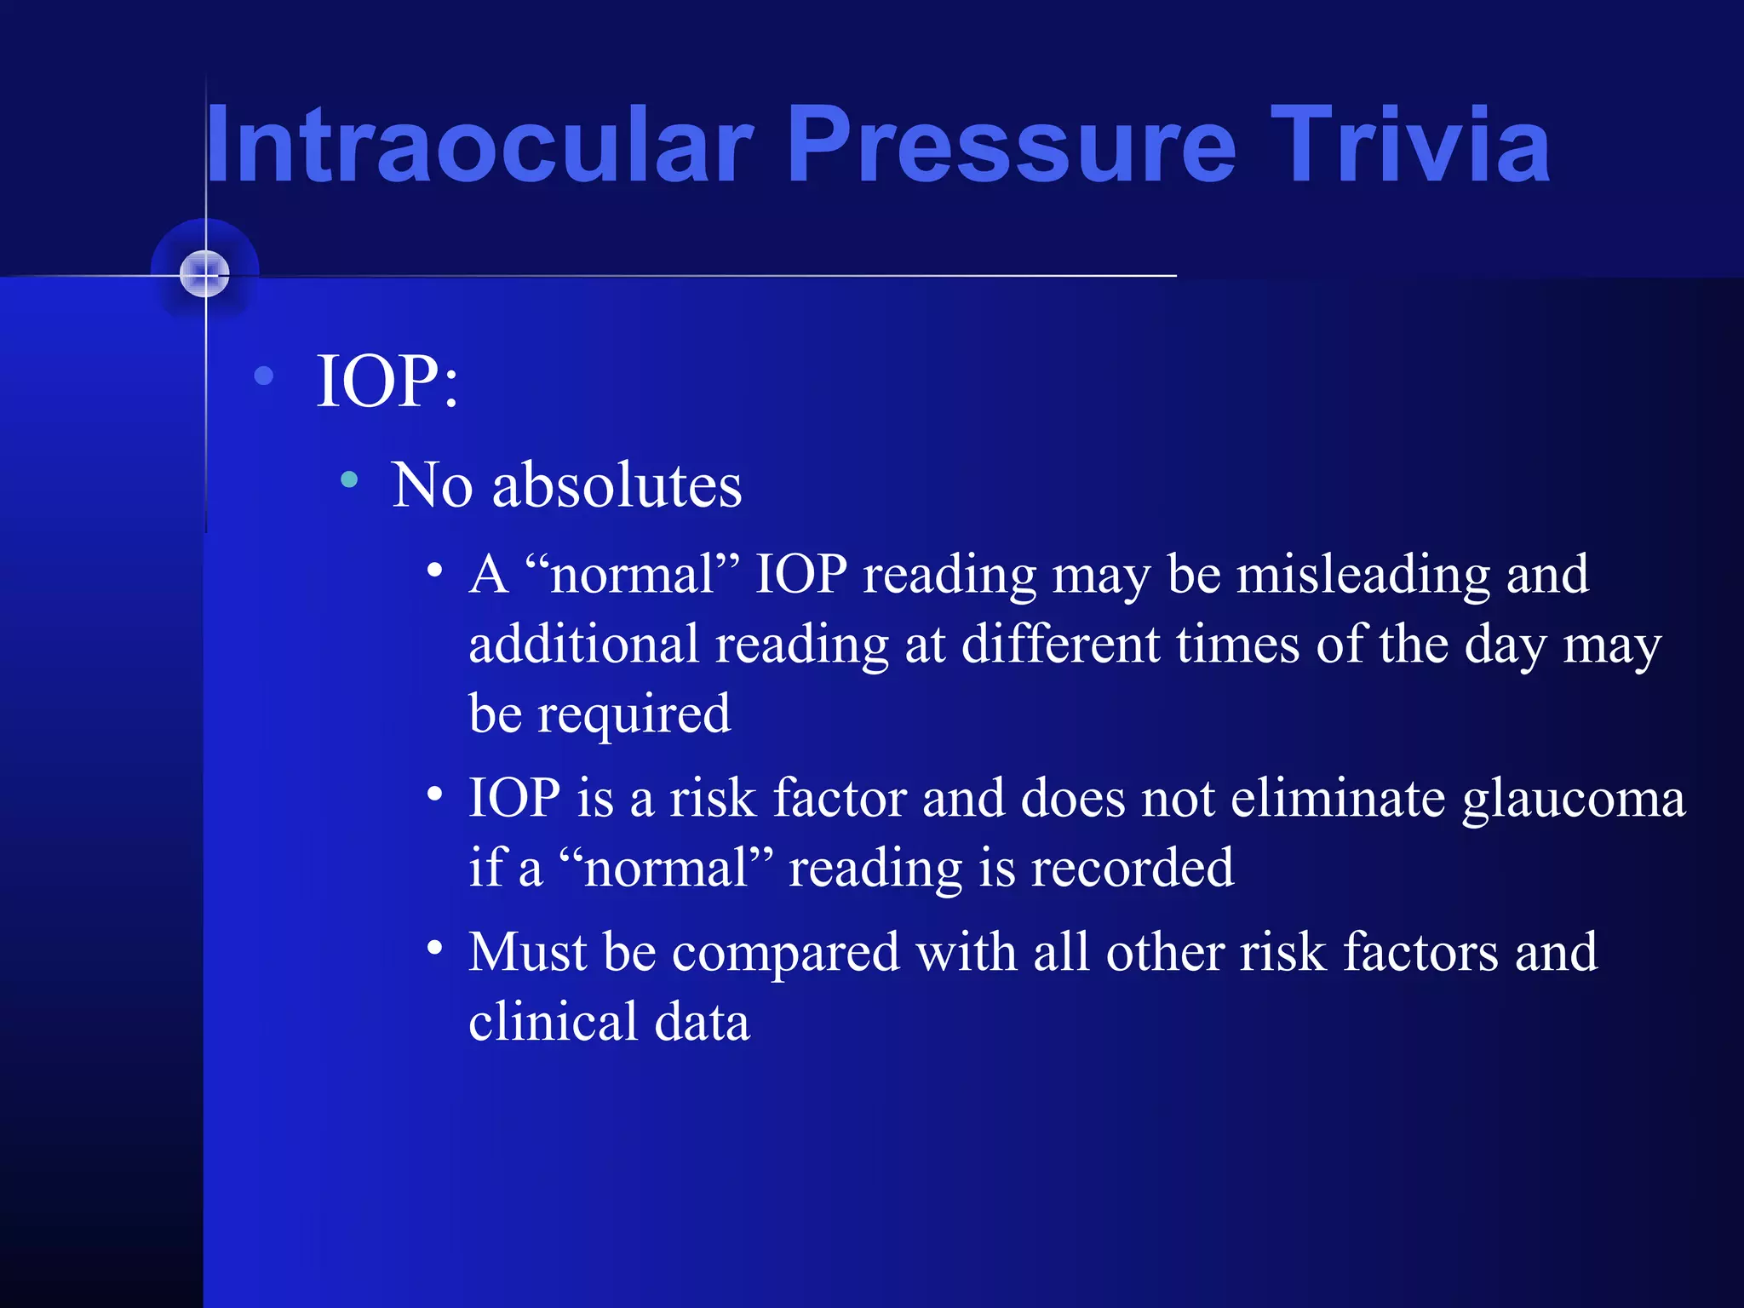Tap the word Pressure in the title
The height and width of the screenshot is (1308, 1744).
tap(1011, 145)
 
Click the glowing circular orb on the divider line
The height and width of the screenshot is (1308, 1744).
tap(205, 274)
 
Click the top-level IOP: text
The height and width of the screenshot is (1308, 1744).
tap(387, 381)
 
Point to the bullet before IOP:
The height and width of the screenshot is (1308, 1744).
tap(264, 376)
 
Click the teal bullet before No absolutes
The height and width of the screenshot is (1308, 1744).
tap(349, 480)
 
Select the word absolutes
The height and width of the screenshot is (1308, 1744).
tap(617, 485)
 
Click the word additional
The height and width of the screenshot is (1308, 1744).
tap(583, 645)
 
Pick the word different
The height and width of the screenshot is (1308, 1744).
tap(1060, 645)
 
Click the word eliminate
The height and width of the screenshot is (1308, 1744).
tap(1339, 800)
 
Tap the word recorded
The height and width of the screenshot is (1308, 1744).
tap(1132, 869)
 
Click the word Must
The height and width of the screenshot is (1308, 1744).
tap(527, 952)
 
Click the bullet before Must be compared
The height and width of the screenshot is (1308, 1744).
tap(435, 948)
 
